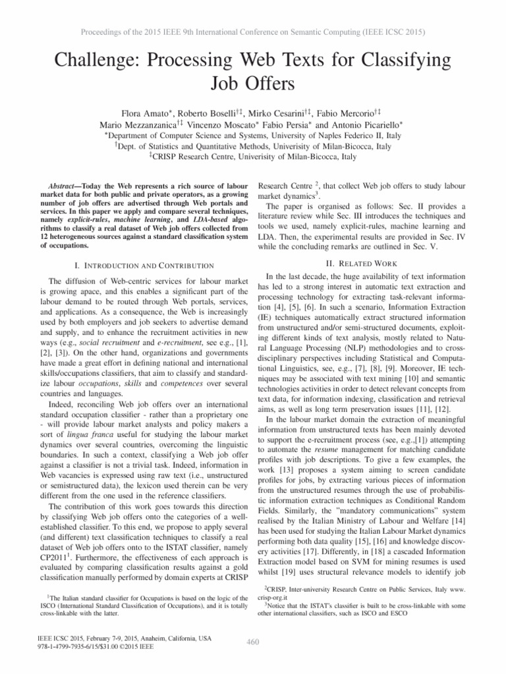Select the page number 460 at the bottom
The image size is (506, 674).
coord(253,642)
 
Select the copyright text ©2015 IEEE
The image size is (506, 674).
coord(130,647)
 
